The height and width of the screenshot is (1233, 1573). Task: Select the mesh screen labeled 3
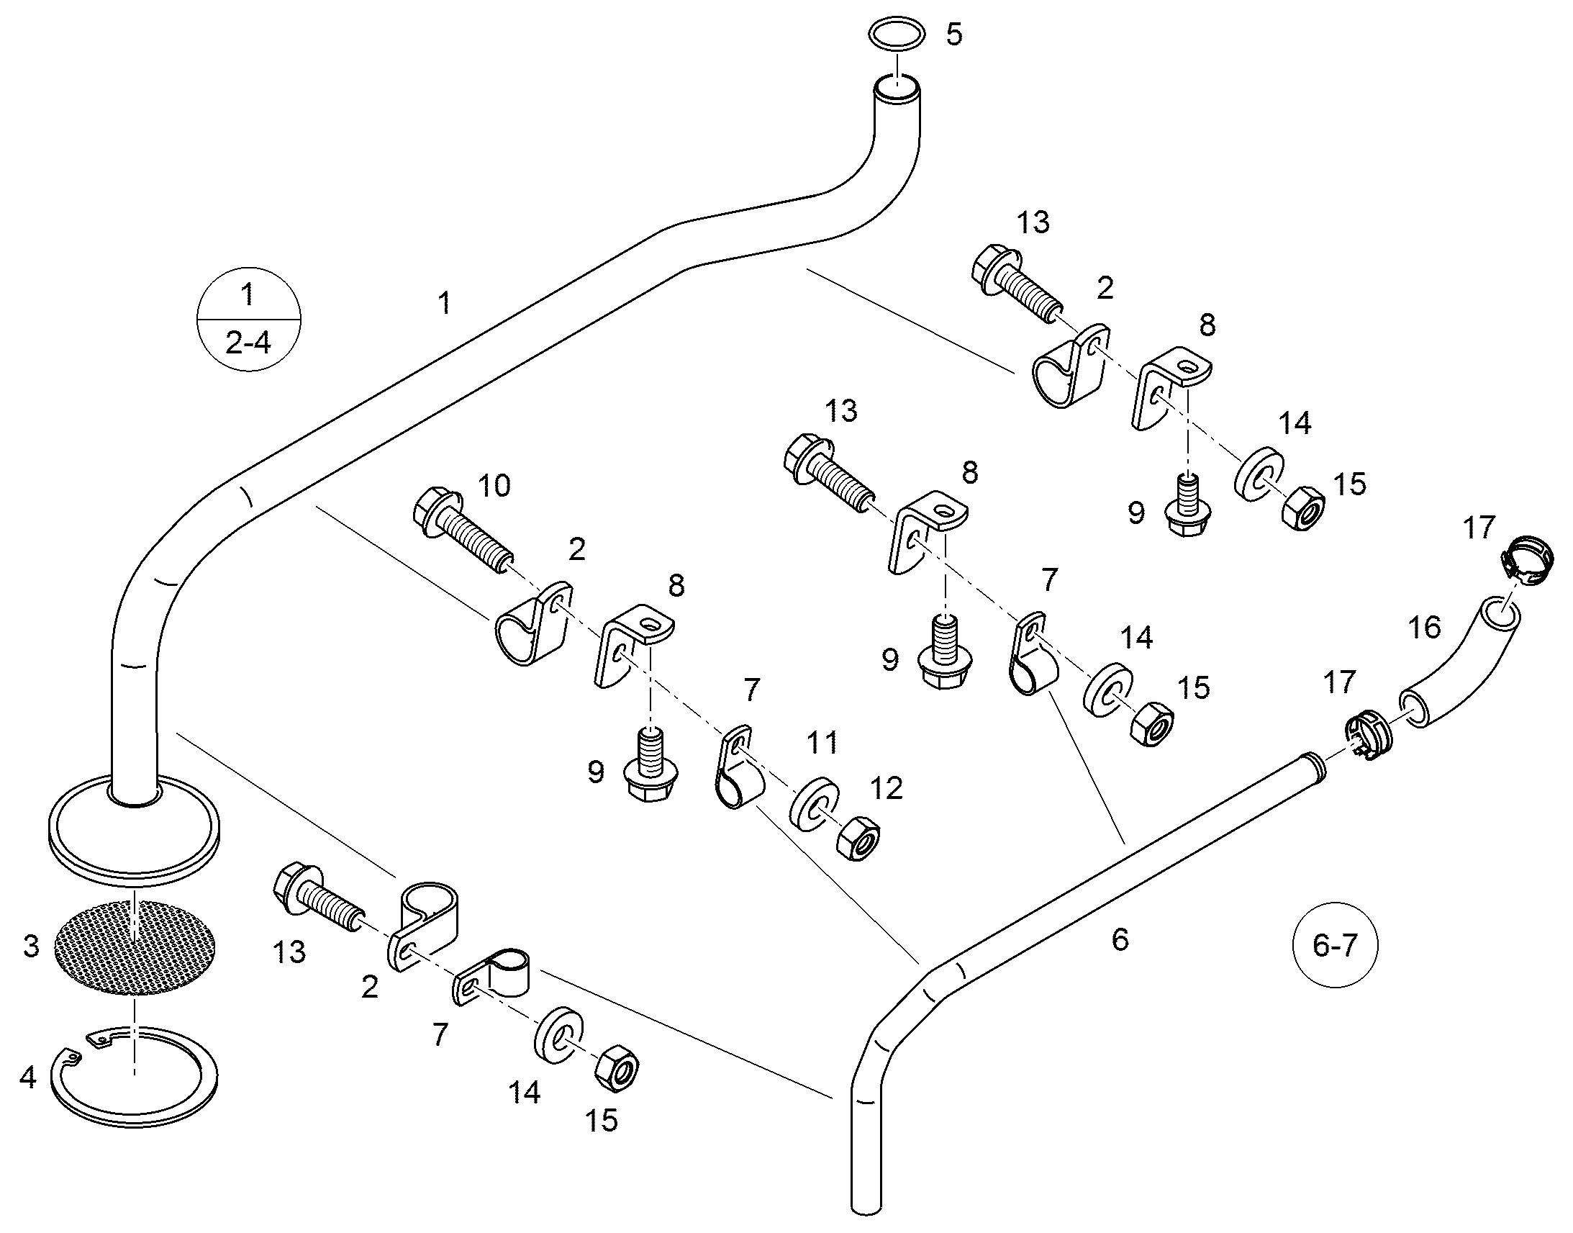click(x=136, y=947)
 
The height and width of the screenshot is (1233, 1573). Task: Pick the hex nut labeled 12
click(x=857, y=838)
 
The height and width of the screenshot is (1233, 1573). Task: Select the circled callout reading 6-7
click(x=1335, y=944)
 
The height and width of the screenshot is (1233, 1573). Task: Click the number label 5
click(x=954, y=34)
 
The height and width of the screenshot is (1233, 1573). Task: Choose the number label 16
click(x=1425, y=628)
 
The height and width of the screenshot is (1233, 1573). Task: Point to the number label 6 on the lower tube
click(x=1120, y=939)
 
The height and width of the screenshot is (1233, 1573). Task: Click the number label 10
click(x=494, y=486)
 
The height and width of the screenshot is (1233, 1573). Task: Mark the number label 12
click(x=887, y=789)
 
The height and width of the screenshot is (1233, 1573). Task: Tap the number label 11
click(x=822, y=743)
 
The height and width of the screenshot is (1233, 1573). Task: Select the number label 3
click(x=31, y=946)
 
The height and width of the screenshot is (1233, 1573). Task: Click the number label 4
click(x=27, y=1078)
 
